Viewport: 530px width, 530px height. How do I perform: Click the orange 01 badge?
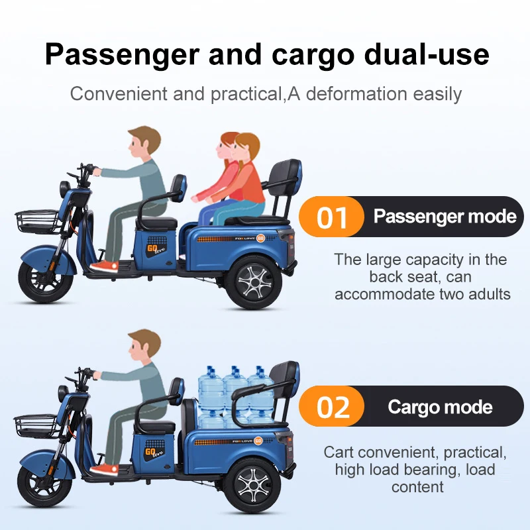click(332, 217)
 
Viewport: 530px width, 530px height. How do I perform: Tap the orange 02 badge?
click(332, 407)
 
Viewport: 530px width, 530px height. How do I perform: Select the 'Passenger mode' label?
click(445, 217)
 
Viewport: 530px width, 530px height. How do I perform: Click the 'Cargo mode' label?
click(440, 406)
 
